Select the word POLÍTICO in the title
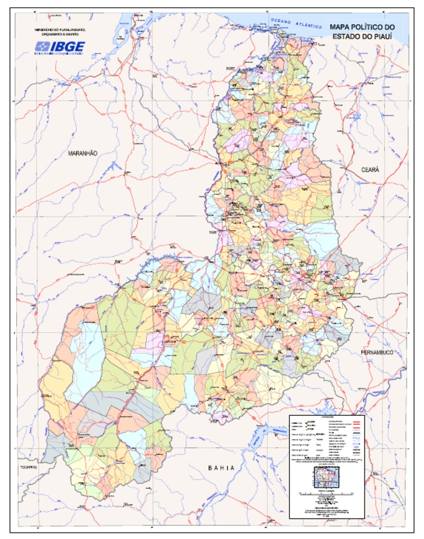point(366,27)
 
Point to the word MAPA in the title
point(340,27)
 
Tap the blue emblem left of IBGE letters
point(42,47)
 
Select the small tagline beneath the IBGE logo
point(59,54)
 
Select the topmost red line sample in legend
point(357,422)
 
